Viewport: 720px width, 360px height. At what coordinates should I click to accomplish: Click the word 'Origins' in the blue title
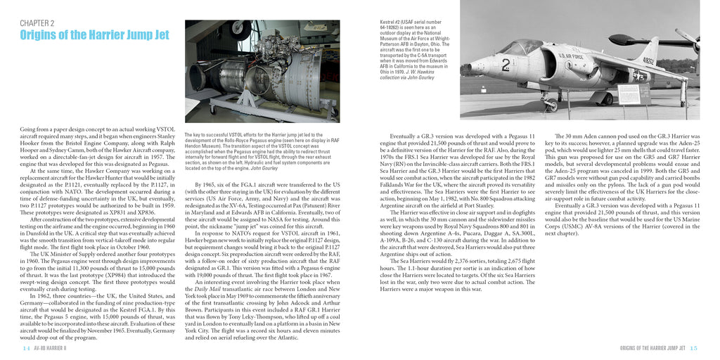[x=40, y=36]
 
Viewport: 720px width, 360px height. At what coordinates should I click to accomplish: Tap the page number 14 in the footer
[x=26, y=348]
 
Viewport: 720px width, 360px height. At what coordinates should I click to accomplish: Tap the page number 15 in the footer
[x=693, y=348]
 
